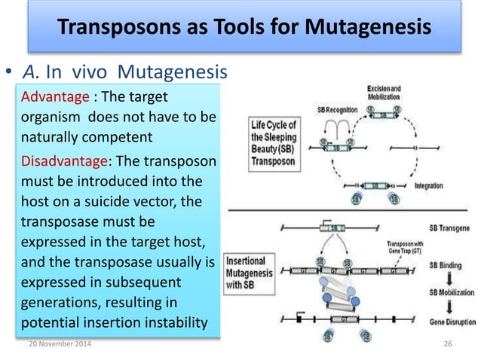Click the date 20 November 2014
click(x=56, y=344)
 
